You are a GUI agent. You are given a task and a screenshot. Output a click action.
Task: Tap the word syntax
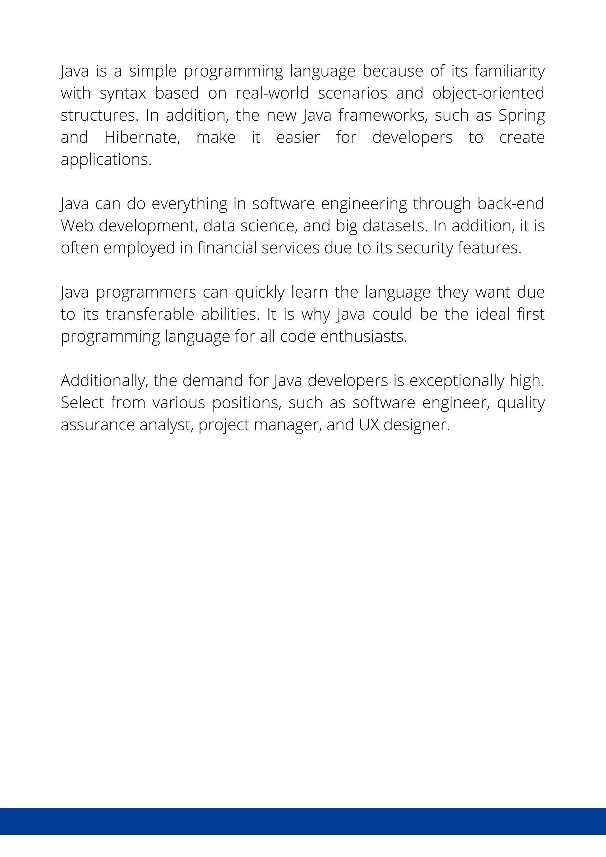click(x=123, y=94)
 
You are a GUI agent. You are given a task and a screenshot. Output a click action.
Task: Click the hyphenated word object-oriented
click(x=488, y=94)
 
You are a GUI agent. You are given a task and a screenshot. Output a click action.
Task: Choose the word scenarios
click(x=352, y=93)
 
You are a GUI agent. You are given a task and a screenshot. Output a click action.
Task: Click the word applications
click(x=106, y=160)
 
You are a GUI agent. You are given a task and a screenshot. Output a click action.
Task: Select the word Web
click(x=77, y=226)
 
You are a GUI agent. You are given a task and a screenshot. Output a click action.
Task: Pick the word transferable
click(x=150, y=314)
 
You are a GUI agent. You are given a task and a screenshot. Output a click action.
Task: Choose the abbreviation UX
click(x=369, y=425)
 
